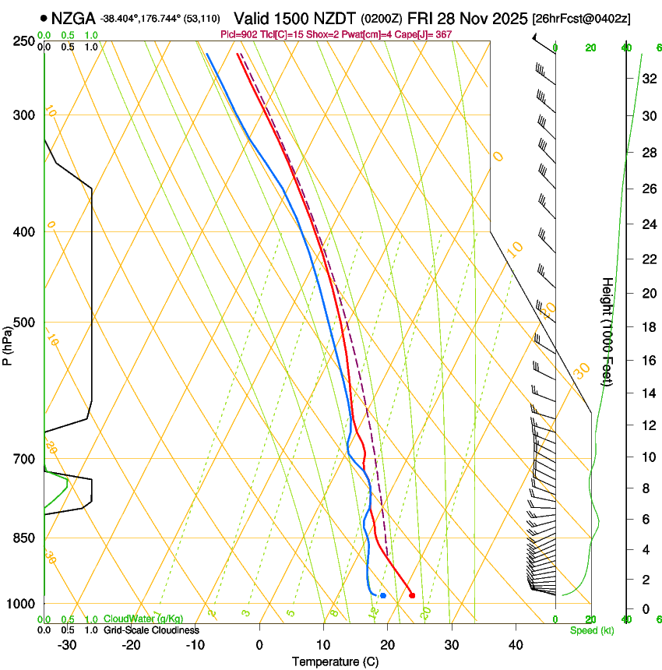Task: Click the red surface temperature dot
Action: [412, 595]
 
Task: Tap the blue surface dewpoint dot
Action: [383, 595]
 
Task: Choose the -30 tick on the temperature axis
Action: [67, 645]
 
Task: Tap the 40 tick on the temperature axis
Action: [515, 645]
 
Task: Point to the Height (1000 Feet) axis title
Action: [607, 331]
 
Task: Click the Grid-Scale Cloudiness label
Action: [151, 629]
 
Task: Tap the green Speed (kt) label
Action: [590, 629]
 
